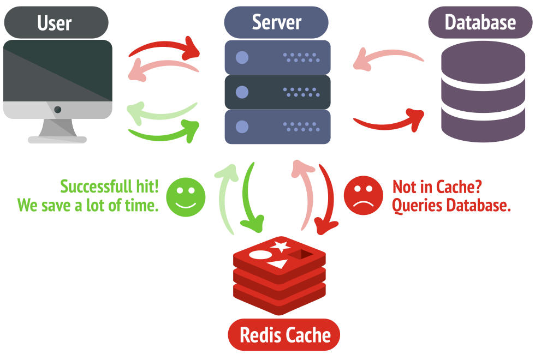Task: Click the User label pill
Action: [x=55, y=22]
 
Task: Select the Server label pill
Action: [x=276, y=22]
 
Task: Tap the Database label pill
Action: [x=480, y=22]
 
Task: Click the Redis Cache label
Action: [x=283, y=334]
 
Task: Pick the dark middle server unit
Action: [x=277, y=92]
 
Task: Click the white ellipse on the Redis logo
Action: [x=260, y=254]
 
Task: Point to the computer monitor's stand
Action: [x=57, y=131]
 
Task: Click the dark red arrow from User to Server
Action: [x=164, y=50]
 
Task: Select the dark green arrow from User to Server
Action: [x=164, y=131]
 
